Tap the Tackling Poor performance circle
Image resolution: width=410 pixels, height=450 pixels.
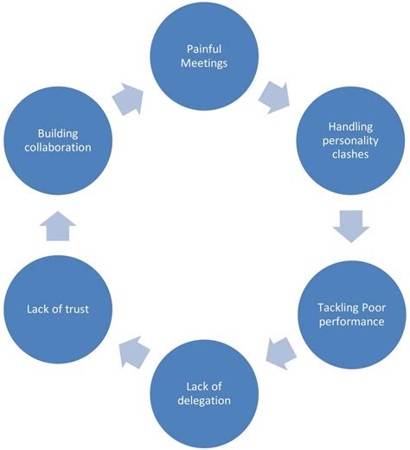[350, 312]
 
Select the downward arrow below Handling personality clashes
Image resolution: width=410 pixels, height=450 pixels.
[350, 228]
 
